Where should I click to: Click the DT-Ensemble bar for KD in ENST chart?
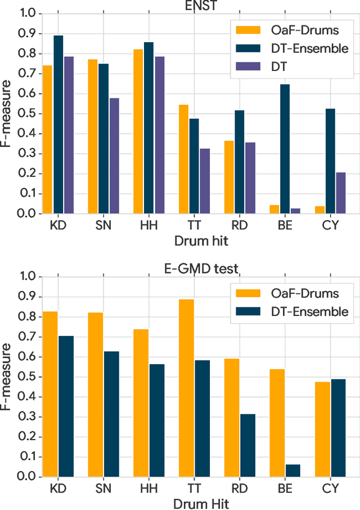click(x=58, y=124)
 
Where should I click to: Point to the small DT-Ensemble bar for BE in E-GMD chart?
click(x=293, y=471)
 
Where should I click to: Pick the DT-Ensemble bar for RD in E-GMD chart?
click(x=247, y=445)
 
